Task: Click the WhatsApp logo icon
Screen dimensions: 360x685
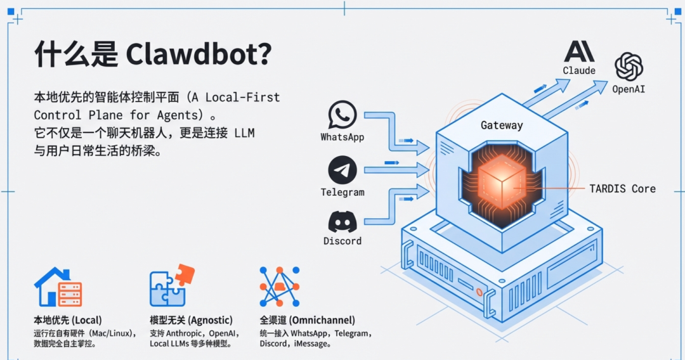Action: (x=342, y=115)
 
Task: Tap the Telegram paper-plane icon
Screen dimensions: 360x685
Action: (x=342, y=170)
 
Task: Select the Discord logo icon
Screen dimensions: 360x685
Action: (x=342, y=221)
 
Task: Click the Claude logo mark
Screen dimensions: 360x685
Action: (x=578, y=51)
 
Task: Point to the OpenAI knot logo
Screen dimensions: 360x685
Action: (x=629, y=67)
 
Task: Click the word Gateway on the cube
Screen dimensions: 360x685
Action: (x=502, y=125)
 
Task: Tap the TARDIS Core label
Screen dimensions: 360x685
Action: (x=622, y=188)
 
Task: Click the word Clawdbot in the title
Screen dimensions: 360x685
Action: (x=199, y=55)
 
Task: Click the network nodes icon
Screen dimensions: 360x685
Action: (x=280, y=286)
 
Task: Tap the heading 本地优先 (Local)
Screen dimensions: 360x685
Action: (x=67, y=320)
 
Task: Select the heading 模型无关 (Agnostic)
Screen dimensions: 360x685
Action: (x=191, y=320)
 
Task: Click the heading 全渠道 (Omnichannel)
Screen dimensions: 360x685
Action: (x=307, y=320)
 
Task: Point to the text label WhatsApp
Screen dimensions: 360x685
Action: (x=342, y=137)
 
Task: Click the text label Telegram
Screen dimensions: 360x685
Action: (x=342, y=192)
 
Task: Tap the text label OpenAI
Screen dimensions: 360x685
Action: (x=629, y=89)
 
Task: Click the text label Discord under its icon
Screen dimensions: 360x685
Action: (x=342, y=241)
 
